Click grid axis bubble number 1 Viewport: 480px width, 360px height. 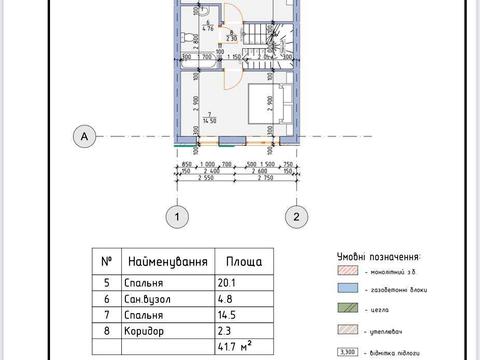tap(176, 216)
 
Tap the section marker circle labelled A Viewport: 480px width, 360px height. tap(86, 135)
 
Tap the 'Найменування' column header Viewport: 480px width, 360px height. tap(166, 260)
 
